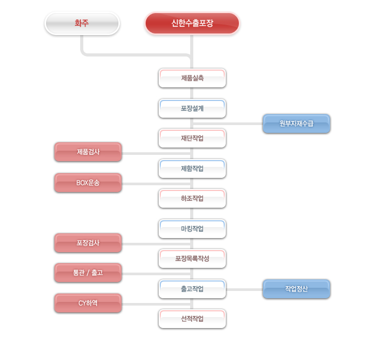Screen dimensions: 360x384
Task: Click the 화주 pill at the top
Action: tap(82, 23)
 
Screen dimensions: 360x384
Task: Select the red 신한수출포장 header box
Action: tap(192, 23)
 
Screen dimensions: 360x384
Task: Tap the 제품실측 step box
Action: tap(192, 78)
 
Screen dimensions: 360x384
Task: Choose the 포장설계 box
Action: tap(192, 108)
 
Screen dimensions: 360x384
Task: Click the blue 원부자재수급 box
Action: tap(297, 123)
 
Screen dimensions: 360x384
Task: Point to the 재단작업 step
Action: tap(192, 138)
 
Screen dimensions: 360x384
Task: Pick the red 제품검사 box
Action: tap(88, 152)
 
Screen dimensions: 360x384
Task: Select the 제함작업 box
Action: tap(192, 168)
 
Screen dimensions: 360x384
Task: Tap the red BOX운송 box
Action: tap(88, 183)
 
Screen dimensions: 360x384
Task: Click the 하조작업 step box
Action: tap(192, 198)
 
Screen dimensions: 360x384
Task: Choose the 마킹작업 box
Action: tap(192, 229)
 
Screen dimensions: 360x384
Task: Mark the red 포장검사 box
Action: tap(88, 243)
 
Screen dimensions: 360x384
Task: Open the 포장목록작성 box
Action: tap(192, 258)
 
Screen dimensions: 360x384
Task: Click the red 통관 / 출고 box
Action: tap(88, 273)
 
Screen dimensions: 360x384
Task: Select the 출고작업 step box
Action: tap(192, 289)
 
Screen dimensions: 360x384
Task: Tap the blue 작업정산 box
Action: tap(297, 289)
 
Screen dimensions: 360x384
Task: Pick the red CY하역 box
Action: tap(88, 303)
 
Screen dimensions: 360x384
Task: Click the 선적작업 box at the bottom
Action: tap(192, 319)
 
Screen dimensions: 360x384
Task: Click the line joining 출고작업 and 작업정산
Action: tap(244, 289)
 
